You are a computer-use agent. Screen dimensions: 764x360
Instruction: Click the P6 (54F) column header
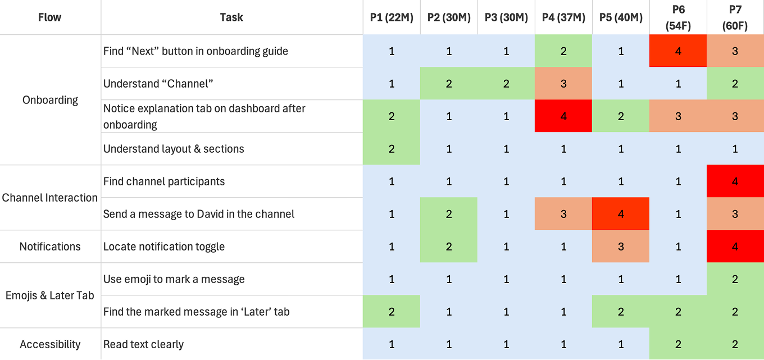point(678,17)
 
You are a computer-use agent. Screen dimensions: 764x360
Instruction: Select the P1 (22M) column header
point(392,17)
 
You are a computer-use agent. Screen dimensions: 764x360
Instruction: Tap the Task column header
point(231,17)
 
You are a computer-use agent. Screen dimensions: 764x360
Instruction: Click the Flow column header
point(50,17)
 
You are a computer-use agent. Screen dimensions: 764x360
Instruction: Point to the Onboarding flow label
point(50,100)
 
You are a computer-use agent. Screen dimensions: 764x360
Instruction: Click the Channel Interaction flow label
point(50,198)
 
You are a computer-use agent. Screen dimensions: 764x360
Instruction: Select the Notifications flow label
point(50,247)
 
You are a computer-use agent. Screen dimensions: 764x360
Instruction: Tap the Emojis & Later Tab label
point(50,295)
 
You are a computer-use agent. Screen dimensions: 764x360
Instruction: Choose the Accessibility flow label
point(50,344)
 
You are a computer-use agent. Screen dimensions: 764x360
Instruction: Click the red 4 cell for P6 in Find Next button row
point(678,51)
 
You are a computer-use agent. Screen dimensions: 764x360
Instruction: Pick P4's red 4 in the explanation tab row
point(563,116)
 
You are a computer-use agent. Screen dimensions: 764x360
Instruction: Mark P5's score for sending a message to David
point(621,214)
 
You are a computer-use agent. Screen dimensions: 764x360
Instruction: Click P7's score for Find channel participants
point(735,181)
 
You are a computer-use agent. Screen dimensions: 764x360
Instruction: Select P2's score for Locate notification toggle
point(449,247)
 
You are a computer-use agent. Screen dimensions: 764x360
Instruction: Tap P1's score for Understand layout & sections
point(392,149)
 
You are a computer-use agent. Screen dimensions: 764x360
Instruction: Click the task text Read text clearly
point(143,344)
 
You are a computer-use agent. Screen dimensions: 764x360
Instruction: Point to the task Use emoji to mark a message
point(174,279)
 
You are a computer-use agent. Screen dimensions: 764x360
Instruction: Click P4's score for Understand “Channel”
point(563,84)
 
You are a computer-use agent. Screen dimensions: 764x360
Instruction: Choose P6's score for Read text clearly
point(678,344)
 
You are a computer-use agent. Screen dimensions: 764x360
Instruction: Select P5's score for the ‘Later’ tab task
point(621,312)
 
